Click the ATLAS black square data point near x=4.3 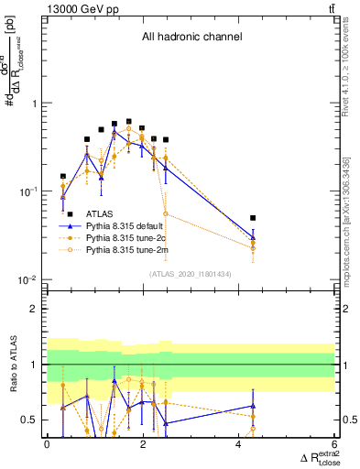click(x=253, y=218)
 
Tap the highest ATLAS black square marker click(x=128, y=121)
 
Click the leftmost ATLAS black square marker click(x=63, y=176)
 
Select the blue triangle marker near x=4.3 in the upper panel click(x=253, y=238)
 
